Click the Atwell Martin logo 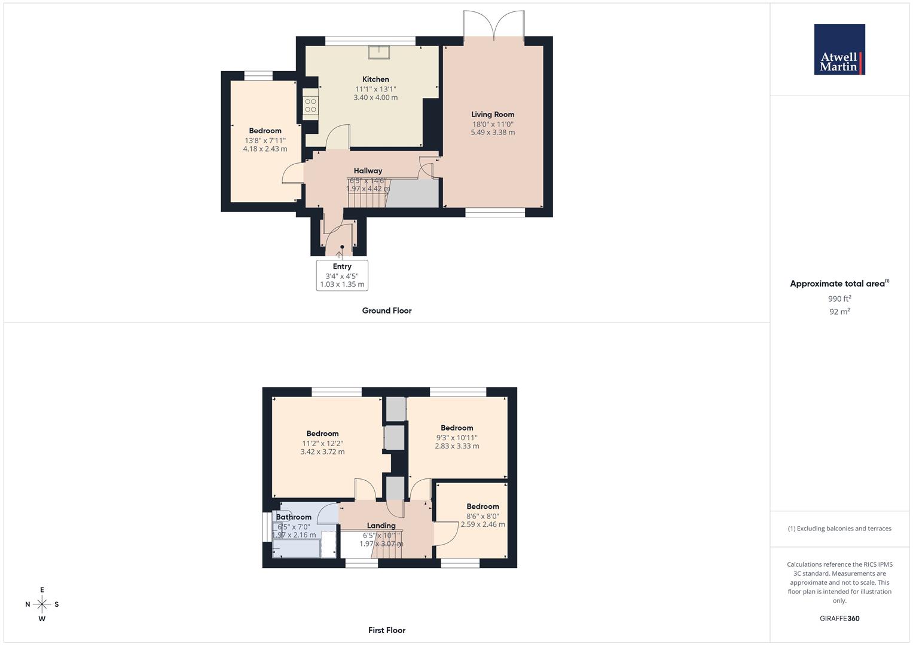(x=839, y=49)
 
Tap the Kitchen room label (x=375, y=79)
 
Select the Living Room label (x=492, y=115)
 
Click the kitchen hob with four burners (x=310, y=106)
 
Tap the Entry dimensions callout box (x=342, y=275)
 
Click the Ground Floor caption (x=387, y=311)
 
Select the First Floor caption (x=387, y=630)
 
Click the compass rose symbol (x=42, y=604)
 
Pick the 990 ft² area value (x=839, y=299)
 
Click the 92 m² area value (x=839, y=312)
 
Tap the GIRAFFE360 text (x=839, y=619)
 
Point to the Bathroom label (x=294, y=517)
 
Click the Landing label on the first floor (x=381, y=526)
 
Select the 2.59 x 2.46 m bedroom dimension (x=483, y=524)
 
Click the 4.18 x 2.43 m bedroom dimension (x=265, y=149)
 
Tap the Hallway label (x=368, y=171)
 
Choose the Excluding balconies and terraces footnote (x=839, y=529)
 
